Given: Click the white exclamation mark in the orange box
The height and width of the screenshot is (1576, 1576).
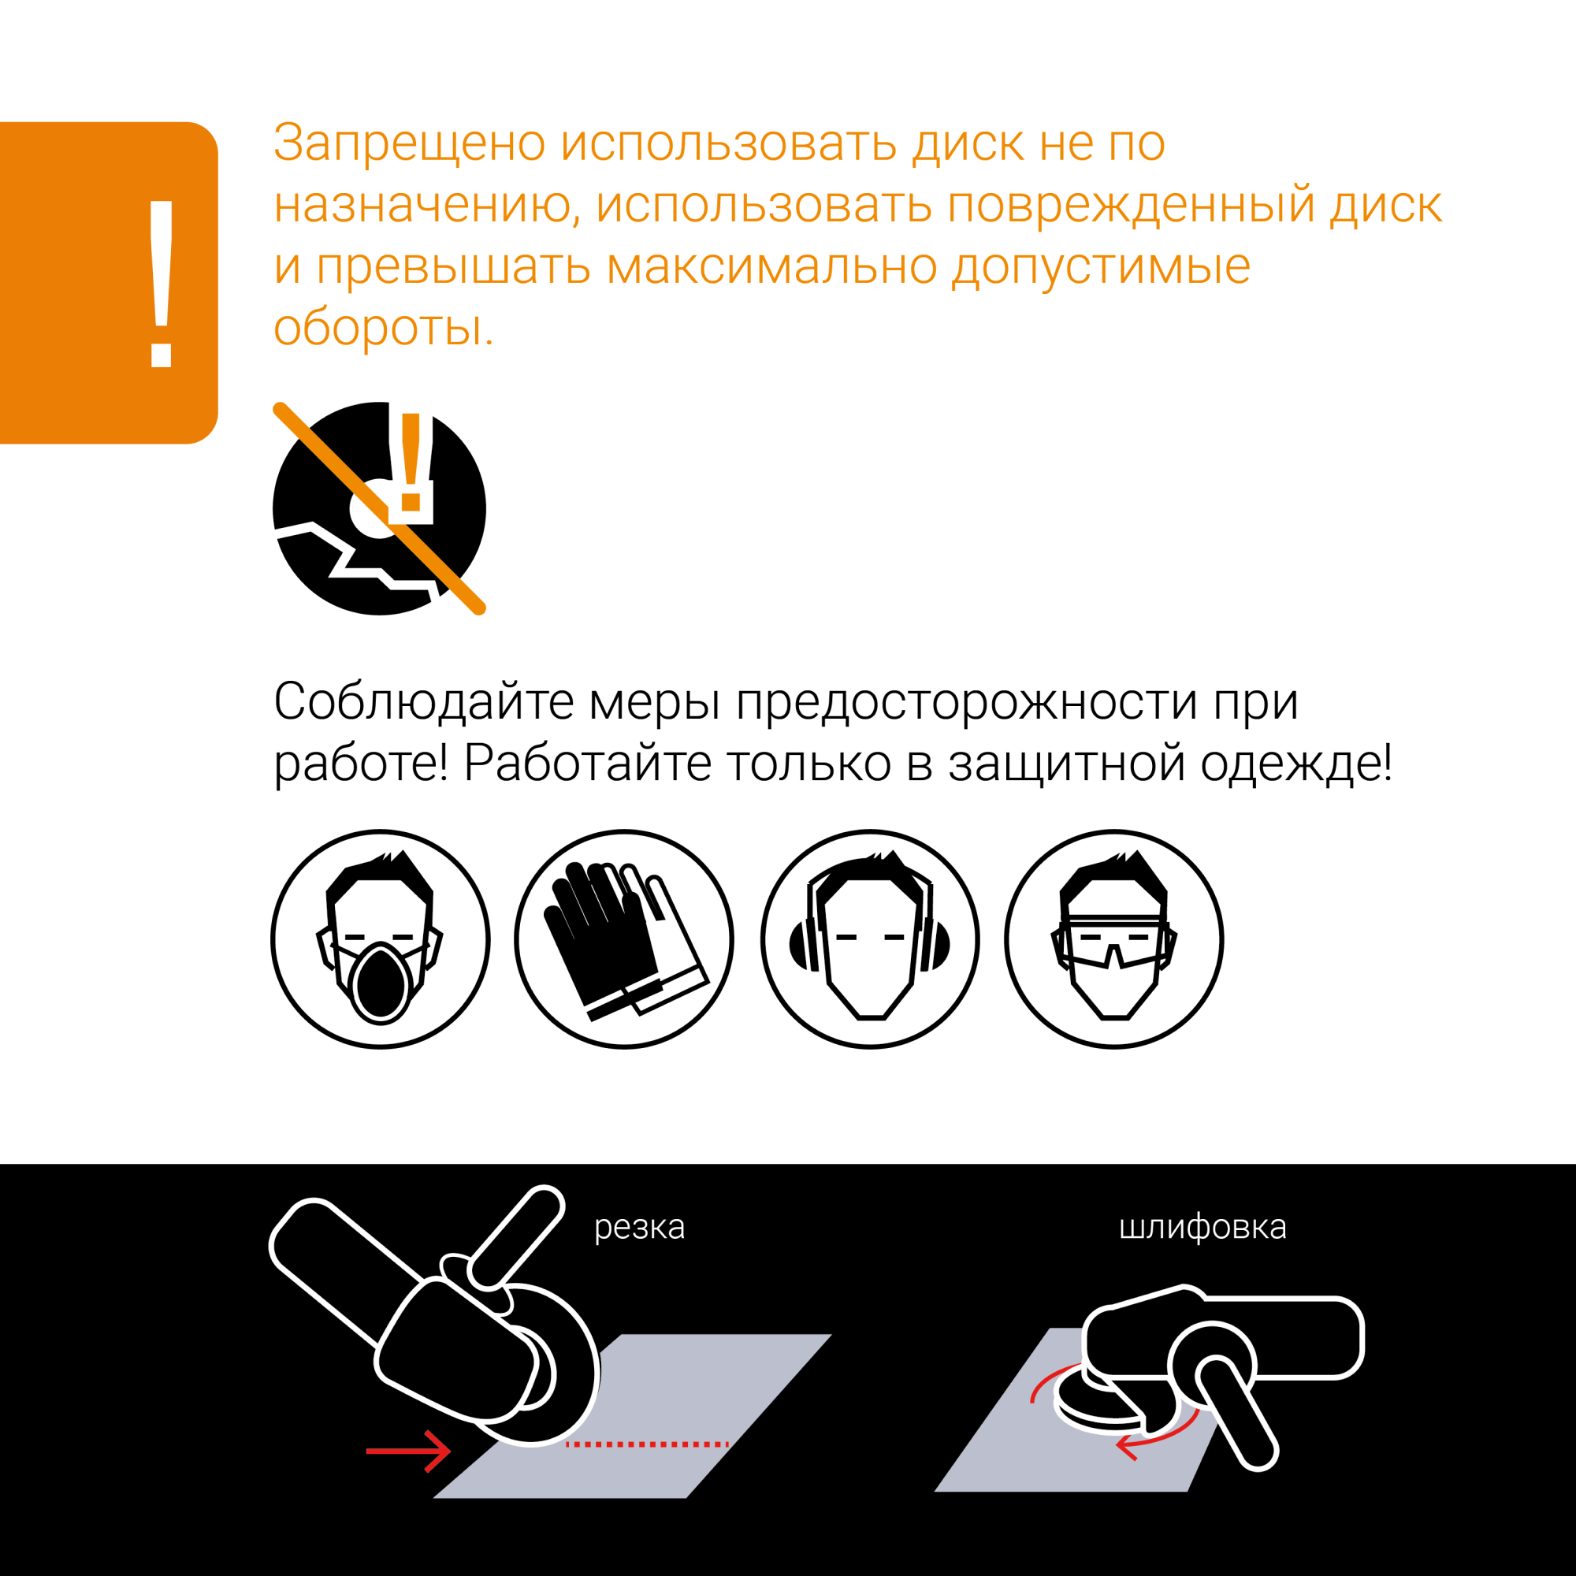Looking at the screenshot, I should point(161,283).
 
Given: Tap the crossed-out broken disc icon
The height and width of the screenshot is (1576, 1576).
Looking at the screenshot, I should point(378,509).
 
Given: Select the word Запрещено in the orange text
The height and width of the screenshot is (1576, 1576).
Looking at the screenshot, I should point(409,143).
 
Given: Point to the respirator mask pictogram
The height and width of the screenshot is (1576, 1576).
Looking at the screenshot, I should point(380,939).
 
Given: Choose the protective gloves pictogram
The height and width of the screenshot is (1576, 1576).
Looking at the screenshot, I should point(624,939).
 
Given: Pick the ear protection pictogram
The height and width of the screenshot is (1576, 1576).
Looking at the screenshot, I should point(870,939).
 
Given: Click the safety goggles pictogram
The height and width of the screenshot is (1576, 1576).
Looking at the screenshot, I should point(1113,939).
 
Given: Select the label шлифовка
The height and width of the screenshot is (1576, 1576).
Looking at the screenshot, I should point(1202,1227).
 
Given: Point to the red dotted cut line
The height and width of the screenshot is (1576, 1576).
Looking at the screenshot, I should point(647,1444).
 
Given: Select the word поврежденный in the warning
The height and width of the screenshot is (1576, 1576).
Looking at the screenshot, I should point(1130,205).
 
